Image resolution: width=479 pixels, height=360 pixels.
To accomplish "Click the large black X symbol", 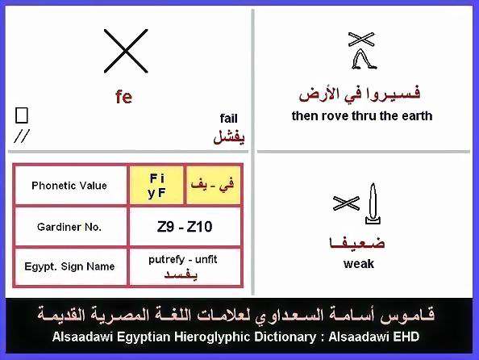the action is (126, 51).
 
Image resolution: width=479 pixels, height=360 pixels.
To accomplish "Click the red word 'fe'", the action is (123, 97).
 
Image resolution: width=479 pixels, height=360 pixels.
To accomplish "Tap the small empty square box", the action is (22, 115).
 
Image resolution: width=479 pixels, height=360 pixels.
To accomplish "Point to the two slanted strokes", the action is (22, 136).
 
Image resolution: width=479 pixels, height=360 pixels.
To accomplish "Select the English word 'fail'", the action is (228, 119).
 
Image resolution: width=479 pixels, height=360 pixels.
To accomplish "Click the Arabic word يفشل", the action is (229, 136).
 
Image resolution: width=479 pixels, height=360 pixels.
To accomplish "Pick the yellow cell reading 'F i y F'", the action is (156, 186).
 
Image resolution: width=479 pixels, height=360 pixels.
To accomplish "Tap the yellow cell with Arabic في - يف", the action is (213, 186).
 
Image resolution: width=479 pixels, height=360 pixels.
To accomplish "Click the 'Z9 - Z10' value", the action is (185, 227).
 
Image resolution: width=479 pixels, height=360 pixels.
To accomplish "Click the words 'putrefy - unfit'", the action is (183, 260).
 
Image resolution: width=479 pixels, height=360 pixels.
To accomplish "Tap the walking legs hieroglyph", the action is (364, 59).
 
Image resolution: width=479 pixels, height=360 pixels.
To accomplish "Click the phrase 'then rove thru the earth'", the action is (362, 116).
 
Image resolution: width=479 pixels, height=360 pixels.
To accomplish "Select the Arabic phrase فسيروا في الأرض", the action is (360, 94).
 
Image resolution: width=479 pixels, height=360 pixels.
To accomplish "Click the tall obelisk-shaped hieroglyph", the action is (373, 203).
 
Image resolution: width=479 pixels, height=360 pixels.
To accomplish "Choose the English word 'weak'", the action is (359, 264).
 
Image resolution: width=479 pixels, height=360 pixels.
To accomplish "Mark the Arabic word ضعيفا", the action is (356, 242).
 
